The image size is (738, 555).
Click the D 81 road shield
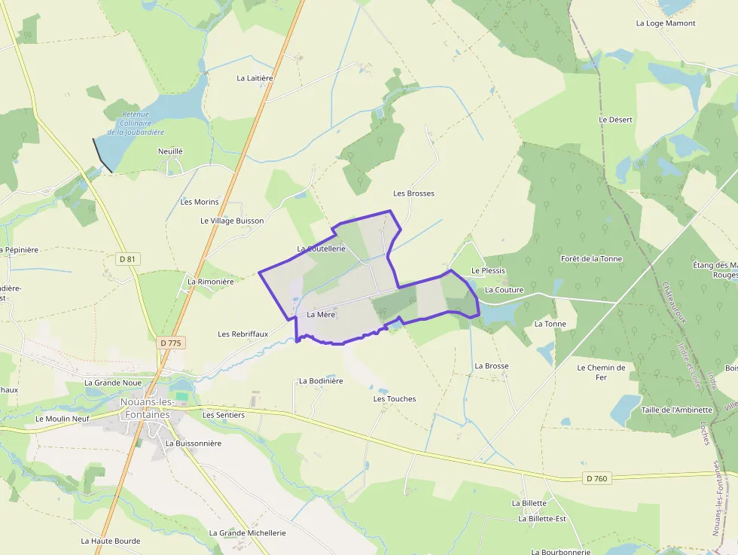pyautogui.click(x=128, y=259)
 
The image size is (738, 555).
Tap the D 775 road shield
pyautogui.click(x=172, y=343)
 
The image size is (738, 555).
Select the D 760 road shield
pyautogui.click(x=595, y=478)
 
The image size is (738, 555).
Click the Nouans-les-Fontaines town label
pyautogui.click(x=145, y=408)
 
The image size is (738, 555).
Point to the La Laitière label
pyautogui.click(x=255, y=78)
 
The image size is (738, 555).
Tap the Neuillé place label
pyautogui.click(x=170, y=151)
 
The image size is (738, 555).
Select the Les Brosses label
pyautogui.click(x=413, y=194)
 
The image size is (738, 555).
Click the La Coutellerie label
pyautogui.click(x=321, y=249)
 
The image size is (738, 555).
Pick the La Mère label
pyautogui.click(x=321, y=315)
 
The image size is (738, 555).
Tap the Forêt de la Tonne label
pyautogui.click(x=591, y=259)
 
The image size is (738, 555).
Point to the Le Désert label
pyautogui.click(x=615, y=120)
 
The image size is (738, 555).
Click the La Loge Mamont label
pyautogui.click(x=665, y=23)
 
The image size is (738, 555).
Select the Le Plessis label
pyautogui.click(x=488, y=271)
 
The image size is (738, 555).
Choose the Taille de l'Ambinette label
pyautogui.click(x=676, y=410)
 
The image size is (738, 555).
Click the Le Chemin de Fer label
pyautogui.click(x=601, y=372)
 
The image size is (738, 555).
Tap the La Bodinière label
pyautogui.click(x=321, y=381)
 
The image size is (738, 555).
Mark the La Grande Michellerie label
pyautogui.click(x=247, y=533)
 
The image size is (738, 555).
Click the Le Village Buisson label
pyautogui.click(x=232, y=221)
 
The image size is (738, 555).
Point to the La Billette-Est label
pyautogui.click(x=541, y=519)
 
